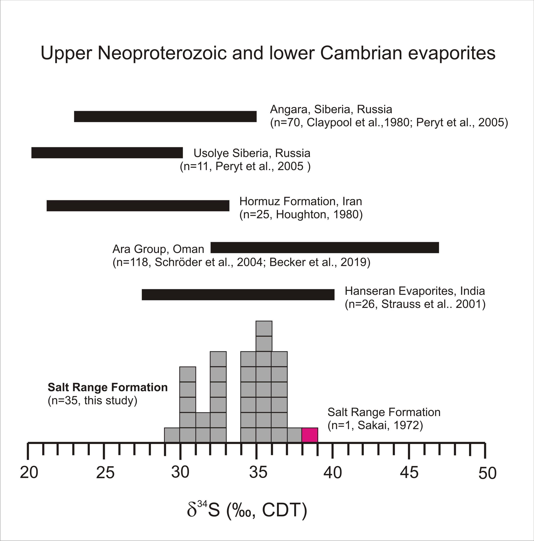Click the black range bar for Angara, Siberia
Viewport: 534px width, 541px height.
(165, 116)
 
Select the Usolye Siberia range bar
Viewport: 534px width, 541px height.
(107, 153)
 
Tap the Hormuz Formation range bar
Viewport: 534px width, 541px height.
(138, 206)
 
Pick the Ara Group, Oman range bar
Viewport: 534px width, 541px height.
(325, 247)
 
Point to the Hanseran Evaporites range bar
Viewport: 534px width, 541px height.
(238, 295)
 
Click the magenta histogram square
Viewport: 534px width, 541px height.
(310, 435)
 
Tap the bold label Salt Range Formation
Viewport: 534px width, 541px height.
(108, 387)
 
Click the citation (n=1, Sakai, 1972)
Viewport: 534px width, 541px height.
(375, 425)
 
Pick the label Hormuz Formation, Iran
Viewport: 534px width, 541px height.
(301, 201)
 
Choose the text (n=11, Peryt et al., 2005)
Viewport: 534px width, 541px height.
(245, 166)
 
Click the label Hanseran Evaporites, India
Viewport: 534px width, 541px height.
(415, 291)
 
